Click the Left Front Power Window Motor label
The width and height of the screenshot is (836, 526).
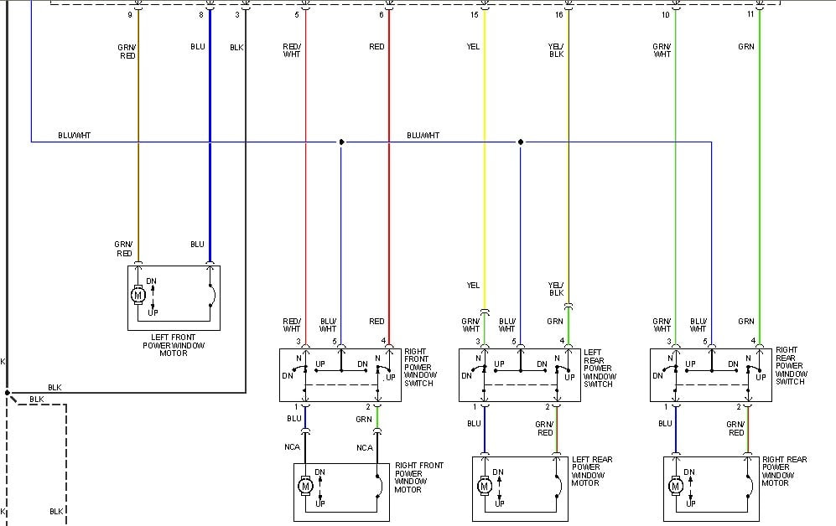point(174,345)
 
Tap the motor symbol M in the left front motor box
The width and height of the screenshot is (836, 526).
point(138,295)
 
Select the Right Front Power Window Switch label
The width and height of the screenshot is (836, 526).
point(419,368)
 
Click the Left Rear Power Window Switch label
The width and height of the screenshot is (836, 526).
point(600,368)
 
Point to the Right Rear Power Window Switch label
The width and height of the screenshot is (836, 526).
point(791,366)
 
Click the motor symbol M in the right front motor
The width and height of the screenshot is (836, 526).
point(305,486)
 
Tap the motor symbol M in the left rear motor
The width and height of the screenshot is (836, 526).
point(485,486)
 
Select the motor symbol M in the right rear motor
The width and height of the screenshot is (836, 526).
point(676,486)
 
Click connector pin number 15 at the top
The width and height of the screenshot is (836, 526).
point(474,15)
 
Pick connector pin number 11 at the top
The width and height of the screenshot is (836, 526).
point(750,14)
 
